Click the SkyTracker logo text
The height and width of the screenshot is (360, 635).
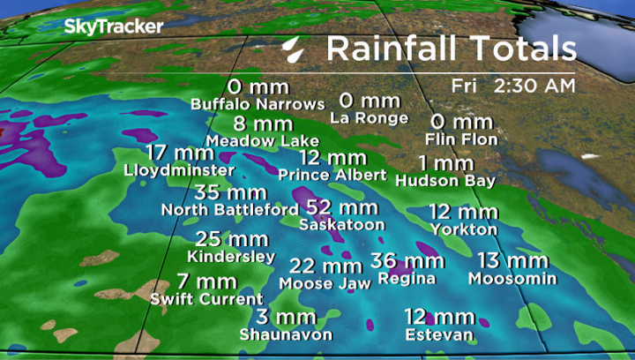(113, 26)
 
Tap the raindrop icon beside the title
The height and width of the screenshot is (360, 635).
(294, 49)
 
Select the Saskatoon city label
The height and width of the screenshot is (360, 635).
(342, 225)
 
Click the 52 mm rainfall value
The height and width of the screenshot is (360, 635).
(342, 207)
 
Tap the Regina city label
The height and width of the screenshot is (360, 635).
(406, 278)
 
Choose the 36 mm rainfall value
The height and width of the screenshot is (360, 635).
(407, 260)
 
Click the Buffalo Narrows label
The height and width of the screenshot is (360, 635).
(258, 104)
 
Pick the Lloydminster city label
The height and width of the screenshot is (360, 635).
(180, 169)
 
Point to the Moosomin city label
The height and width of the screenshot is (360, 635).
(512, 279)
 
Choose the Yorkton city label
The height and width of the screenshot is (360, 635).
(464, 229)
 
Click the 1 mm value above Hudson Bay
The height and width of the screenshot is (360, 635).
(446, 163)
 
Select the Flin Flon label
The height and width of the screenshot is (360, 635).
(461, 139)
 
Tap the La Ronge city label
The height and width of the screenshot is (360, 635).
(370, 117)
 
